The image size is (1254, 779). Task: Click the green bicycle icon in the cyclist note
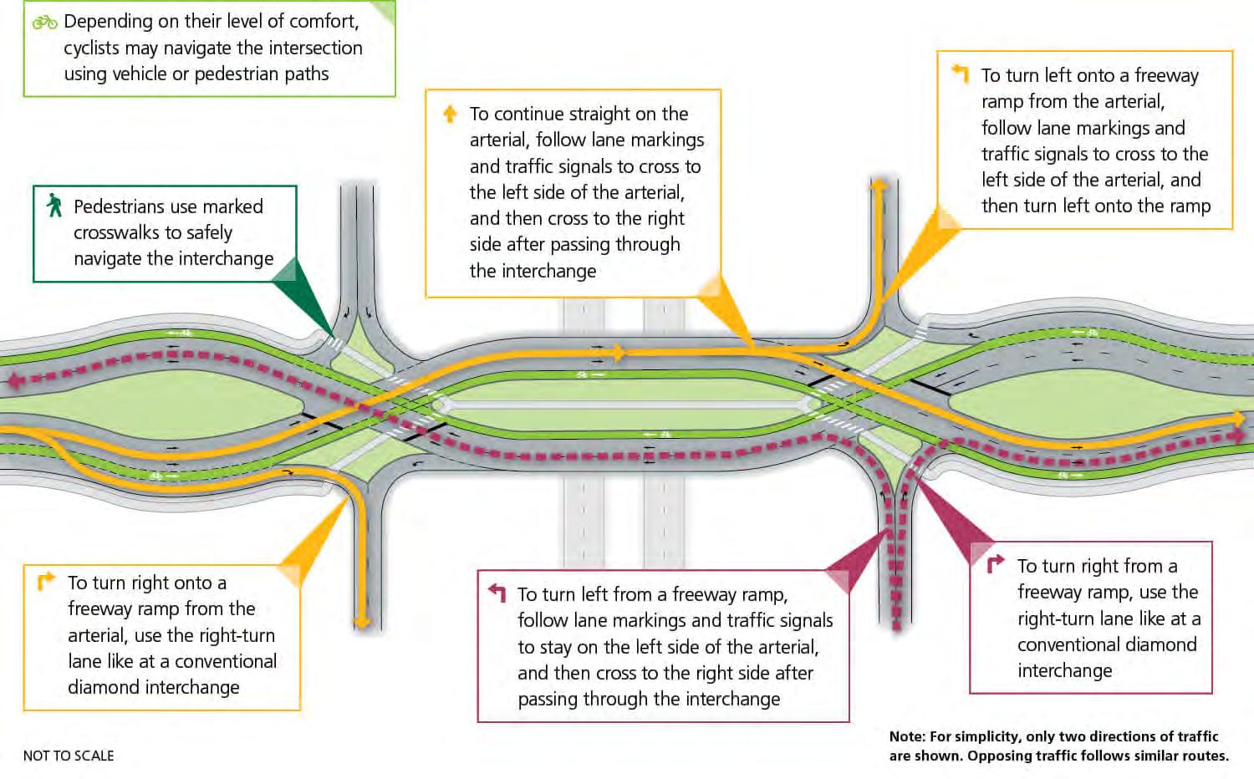44,23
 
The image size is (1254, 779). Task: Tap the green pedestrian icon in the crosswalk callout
55,206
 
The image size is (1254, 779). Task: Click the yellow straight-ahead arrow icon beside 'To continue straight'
450,114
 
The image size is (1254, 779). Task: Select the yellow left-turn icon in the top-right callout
961,74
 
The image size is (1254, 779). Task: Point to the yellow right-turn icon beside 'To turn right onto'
46,580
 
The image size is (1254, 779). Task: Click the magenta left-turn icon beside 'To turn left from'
497,593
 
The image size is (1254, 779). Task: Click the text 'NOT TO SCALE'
69,756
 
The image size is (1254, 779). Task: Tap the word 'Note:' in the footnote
907,736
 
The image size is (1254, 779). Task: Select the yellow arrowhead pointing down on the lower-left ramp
362,623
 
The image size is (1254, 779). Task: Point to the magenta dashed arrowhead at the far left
14,381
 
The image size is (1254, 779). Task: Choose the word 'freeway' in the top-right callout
1166,75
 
